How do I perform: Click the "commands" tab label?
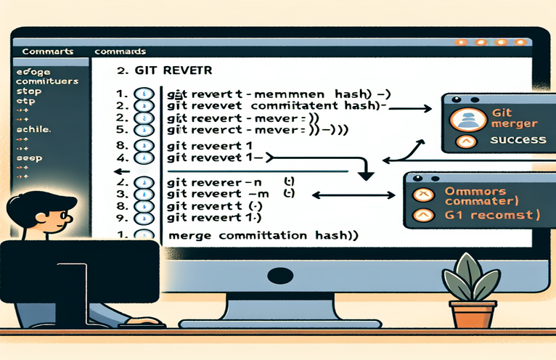(120, 52)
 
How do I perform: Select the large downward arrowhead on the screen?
(365, 175)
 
